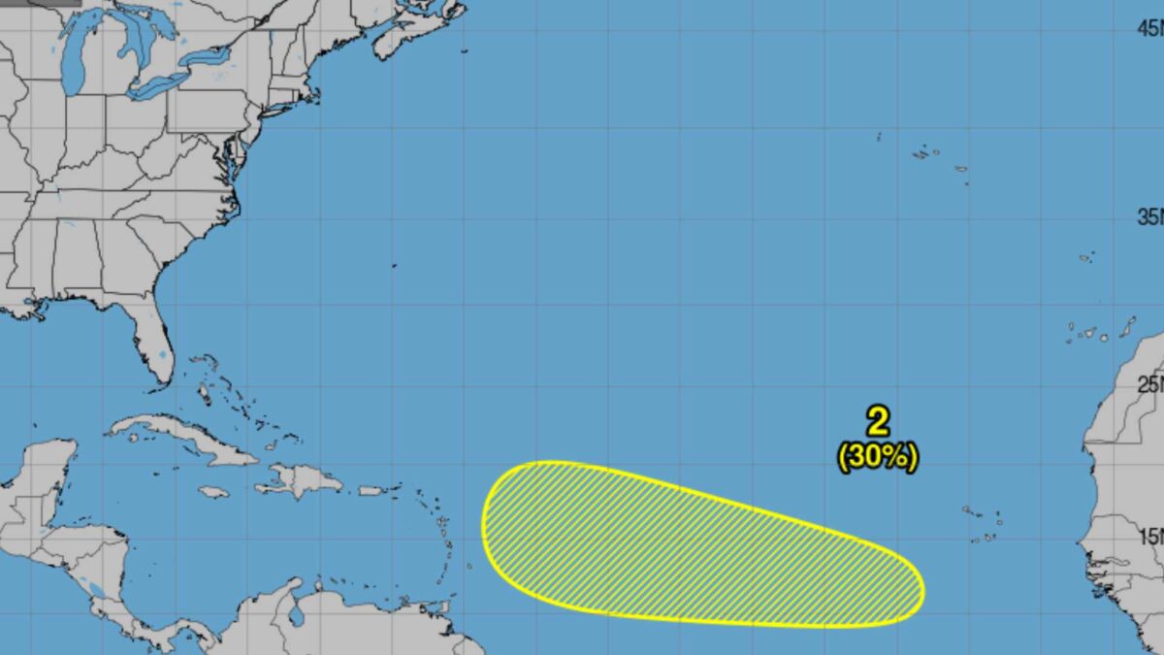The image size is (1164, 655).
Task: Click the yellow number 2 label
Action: (x=878, y=421)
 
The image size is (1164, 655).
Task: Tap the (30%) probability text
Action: (x=878, y=456)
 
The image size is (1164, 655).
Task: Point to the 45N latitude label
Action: (x=1150, y=29)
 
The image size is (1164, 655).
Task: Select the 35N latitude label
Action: (x=1150, y=216)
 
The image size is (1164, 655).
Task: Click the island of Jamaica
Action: (x=213, y=492)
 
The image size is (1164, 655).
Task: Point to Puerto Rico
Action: (x=372, y=490)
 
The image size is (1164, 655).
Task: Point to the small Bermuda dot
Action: (x=394, y=265)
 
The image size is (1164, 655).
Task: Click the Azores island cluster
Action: (x=926, y=153)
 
